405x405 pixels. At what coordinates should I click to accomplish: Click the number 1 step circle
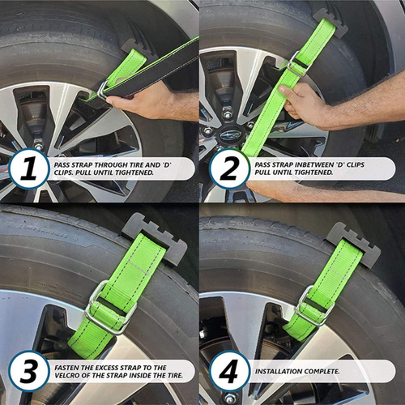tap(29, 168)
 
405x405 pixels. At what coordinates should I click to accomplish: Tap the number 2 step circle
tap(228, 168)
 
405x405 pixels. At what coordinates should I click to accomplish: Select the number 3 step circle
tap(29, 371)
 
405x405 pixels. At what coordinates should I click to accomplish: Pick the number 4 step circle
tap(229, 371)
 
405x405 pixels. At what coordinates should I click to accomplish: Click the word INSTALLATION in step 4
tap(279, 372)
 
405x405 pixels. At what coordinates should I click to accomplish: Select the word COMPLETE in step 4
tap(322, 372)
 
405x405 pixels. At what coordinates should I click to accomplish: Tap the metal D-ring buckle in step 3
tap(110, 308)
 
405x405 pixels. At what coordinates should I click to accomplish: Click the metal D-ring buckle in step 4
tap(315, 306)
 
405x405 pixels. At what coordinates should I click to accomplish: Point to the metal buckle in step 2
tap(297, 64)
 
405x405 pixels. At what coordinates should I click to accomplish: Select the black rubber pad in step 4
tap(355, 245)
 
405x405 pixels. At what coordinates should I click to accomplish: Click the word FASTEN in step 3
tap(65, 368)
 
